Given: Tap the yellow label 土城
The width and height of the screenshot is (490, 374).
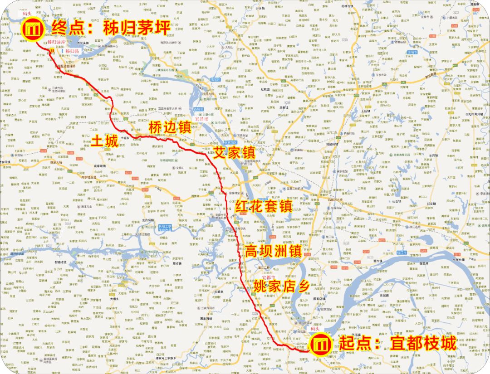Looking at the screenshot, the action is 105,141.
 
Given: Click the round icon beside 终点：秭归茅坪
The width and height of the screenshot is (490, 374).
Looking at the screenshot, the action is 34,29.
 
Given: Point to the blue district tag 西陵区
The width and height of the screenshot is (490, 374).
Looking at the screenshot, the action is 198,110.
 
